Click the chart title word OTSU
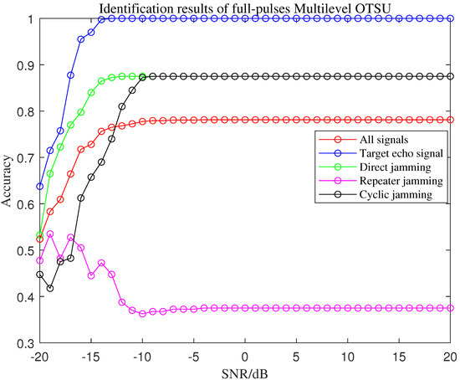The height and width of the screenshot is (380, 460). [x=362, y=8]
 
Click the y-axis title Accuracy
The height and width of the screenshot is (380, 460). [x=9, y=181]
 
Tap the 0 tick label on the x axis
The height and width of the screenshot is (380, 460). [x=245, y=355]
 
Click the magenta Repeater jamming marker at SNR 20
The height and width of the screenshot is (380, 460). [x=450, y=308]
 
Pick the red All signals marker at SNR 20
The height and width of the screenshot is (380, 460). [x=450, y=120]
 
